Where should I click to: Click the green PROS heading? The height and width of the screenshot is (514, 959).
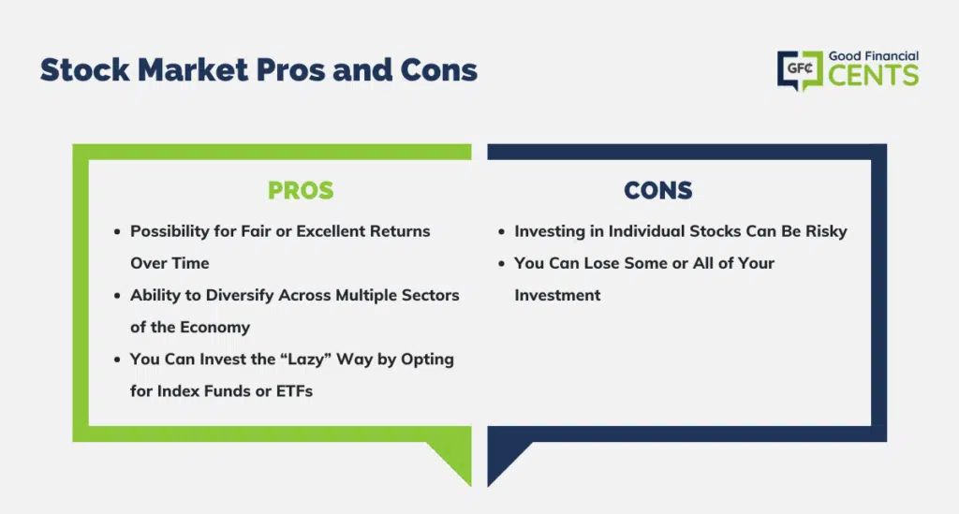tap(301, 191)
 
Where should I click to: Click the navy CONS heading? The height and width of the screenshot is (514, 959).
tap(658, 191)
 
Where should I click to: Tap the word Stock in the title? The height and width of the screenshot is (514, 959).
tap(84, 69)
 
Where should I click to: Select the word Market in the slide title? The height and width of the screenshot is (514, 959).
tap(193, 69)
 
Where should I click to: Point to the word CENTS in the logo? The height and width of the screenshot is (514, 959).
tap(874, 76)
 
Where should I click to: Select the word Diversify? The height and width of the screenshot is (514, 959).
tap(240, 295)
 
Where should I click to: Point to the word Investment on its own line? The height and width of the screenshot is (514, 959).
tap(557, 295)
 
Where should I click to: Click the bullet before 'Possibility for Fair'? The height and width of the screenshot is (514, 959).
tap(117, 232)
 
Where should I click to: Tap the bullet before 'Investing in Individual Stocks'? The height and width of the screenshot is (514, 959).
tap(502, 232)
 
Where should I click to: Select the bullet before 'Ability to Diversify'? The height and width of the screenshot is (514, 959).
tap(117, 296)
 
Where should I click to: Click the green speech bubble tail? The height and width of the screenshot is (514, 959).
tap(456, 459)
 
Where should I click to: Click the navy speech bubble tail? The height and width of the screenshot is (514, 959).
tap(503, 459)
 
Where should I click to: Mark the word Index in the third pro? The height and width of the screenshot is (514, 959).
tap(175, 391)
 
